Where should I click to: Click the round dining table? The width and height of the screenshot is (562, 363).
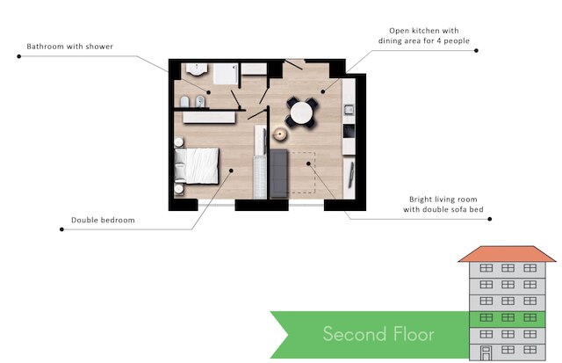coord(301,113)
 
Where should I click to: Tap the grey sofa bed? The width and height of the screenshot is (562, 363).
coord(279,173)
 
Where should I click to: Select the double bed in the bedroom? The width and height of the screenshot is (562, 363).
coord(197,166)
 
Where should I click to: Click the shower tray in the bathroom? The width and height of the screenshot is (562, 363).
coord(226,74)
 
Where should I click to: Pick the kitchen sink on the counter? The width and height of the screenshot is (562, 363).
coord(349,109)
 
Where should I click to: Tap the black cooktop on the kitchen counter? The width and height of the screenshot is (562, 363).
coord(349,131)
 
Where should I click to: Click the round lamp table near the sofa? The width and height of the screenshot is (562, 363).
coord(279,134)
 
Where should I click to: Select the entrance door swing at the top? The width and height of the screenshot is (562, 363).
coord(293,65)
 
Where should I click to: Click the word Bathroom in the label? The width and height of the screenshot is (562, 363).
coord(41,47)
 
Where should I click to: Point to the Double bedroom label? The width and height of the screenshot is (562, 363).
coord(103,220)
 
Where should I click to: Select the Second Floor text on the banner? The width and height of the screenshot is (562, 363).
coord(378,334)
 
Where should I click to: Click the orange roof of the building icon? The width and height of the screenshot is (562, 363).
coord(507,254)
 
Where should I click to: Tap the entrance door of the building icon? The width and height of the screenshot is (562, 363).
coord(486,353)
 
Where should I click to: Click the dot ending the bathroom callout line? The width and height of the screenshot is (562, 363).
coord(19,56)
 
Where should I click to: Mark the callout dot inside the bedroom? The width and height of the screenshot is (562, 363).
coord(231,171)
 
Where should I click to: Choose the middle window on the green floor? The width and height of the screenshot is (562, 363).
coord(508,317)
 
